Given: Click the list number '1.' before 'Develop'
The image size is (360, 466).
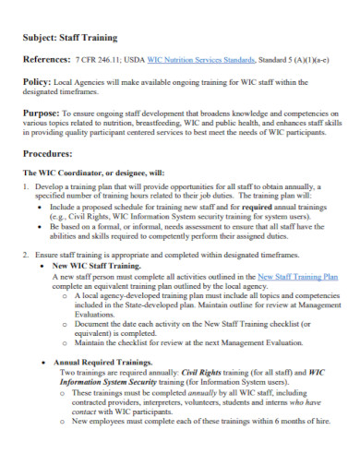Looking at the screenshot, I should [26, 185].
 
